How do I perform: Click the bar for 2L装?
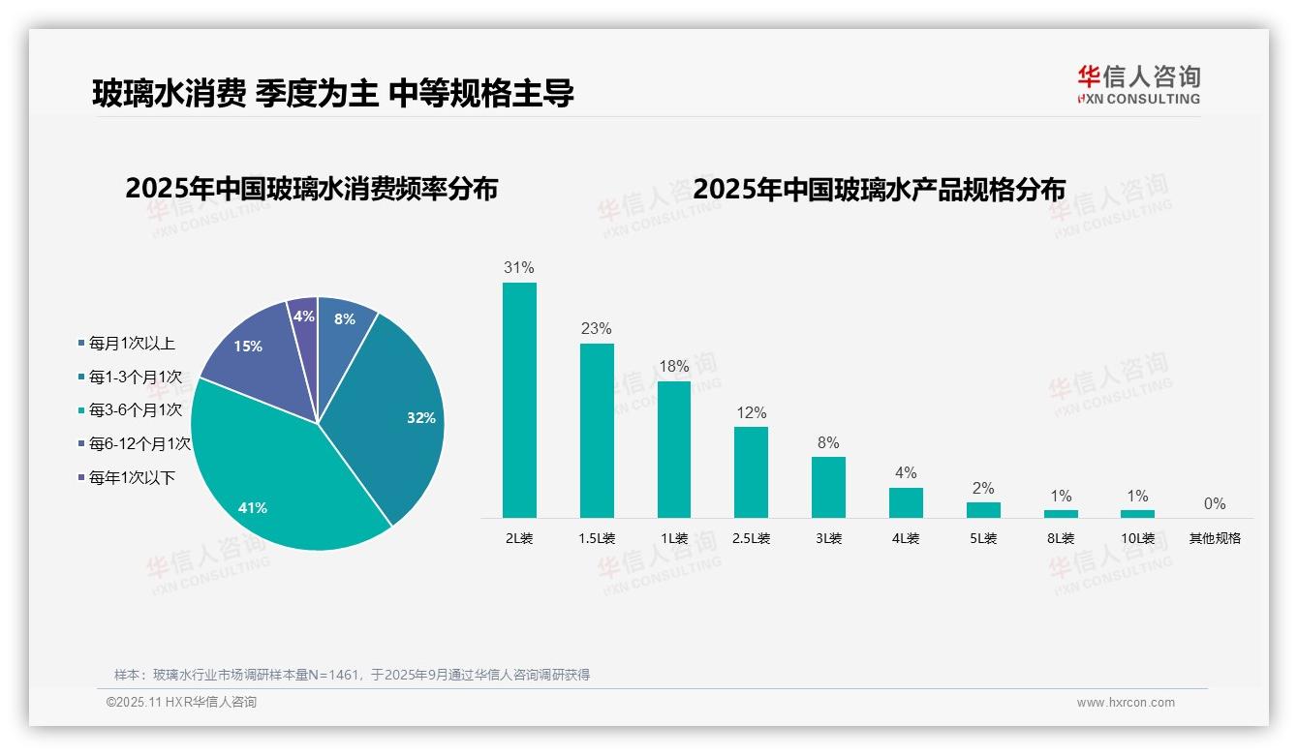[519, 400]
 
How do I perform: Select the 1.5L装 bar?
[597, 431]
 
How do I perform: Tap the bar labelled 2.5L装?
[751, 472]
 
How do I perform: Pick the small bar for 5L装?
[983, 510]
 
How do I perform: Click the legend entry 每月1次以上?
[132, 344]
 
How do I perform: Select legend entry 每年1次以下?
[132, 478]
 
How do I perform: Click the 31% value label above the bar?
[519, 268]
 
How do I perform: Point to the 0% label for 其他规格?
[1215, 504]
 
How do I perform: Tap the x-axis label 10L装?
[1138, 539]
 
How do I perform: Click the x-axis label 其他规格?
[1215, 539]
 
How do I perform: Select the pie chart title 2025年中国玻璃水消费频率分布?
[311, 189]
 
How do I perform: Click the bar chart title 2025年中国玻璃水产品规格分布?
[879, 189]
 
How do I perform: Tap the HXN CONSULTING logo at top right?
[1138, 84]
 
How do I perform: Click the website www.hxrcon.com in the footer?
[1126, 703]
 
